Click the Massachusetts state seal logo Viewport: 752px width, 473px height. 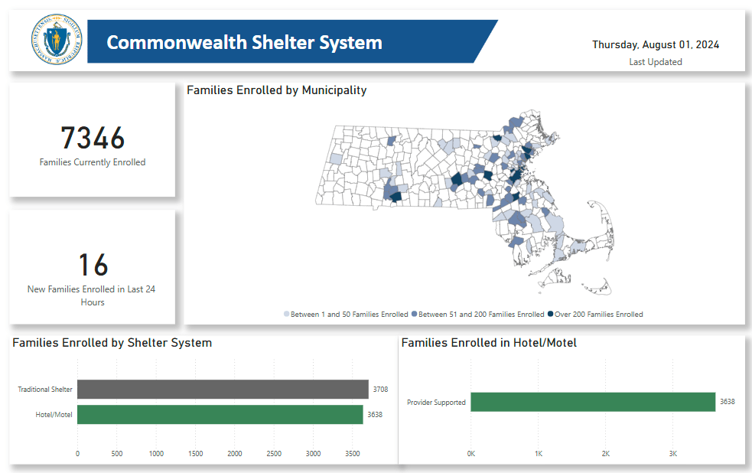point(56,41)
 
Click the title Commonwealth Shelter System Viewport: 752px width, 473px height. point(244,42)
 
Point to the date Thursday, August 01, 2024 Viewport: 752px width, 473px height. point(656,44)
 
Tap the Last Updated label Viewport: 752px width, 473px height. point(656,62)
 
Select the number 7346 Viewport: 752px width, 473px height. point(93,139)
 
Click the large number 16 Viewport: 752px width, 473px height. point(93,265)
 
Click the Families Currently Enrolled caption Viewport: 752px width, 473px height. point(93,162)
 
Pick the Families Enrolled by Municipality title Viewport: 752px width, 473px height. point(276,90)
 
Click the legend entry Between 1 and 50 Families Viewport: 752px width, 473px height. point(346,315)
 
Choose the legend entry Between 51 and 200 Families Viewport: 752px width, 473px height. point(478,315)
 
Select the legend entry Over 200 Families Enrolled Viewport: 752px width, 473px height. point(596,315)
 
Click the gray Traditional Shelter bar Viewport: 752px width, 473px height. point(222,390)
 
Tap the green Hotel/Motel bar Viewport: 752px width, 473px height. point(220,415)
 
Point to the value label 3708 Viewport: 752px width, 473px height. point(380,390)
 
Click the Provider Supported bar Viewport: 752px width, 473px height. point(592,402)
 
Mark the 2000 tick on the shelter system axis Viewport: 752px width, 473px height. point(234,454)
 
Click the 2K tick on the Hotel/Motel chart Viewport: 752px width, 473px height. point(606,454)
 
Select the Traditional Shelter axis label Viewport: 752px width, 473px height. point(45,390)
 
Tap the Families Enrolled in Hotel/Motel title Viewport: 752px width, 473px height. point(489,343)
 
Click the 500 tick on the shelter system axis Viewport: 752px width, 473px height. point(116,454)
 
